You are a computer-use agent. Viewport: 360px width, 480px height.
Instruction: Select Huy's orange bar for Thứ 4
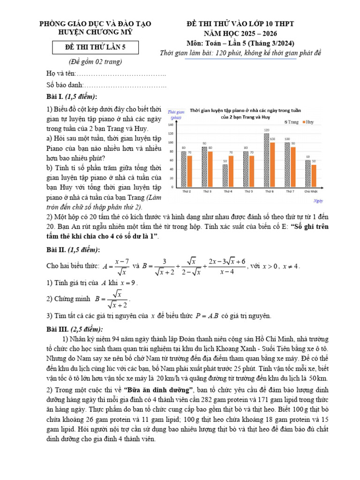pyautogui.click(x=231, y=172)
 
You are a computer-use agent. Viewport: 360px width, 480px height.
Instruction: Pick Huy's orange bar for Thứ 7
pyautogui.click(x=293, y=167)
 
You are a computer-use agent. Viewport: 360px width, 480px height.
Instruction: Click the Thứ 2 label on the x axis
pyautogui.click(x=186, y=192)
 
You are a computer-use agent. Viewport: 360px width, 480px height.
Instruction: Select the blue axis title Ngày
pyautogui.click(x=318, y=201)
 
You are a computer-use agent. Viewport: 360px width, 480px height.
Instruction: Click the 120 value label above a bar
pyautogui.click(x=266, y=130)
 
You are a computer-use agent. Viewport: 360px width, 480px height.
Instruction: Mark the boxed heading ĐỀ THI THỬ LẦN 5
pyautogui.click(x=95, y=48)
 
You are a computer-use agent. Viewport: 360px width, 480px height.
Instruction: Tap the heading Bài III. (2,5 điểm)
pyautogui.click(x=75, y=329)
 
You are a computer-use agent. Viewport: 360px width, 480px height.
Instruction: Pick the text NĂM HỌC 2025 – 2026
pyautogui.click(x=240, y=34)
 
